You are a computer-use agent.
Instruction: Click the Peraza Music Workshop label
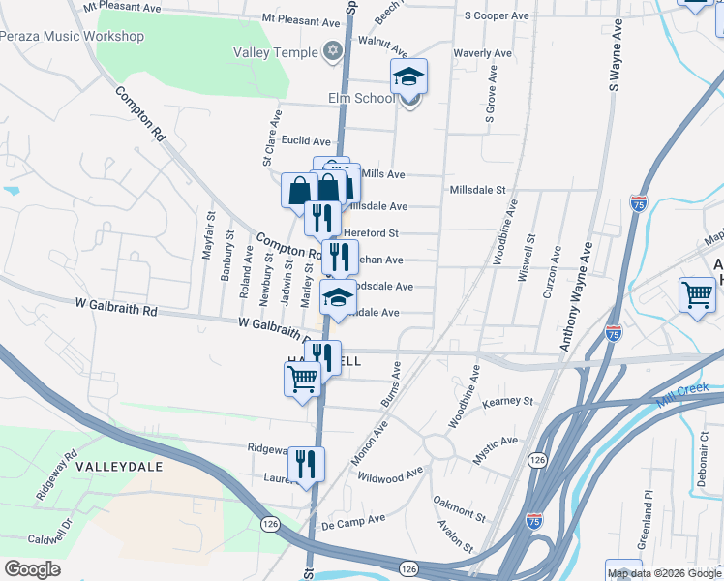point(72,37)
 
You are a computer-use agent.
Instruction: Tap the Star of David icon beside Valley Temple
point(334,50)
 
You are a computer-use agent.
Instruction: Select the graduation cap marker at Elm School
point(408,77)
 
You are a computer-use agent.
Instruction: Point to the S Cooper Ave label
point(497,16)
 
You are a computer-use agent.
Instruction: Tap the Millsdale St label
point(478,190)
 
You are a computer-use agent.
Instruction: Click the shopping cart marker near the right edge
point(697,295)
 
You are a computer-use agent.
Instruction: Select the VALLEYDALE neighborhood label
point(119,466)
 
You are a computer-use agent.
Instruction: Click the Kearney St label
point(508,400)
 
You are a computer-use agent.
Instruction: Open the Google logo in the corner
point(32,568)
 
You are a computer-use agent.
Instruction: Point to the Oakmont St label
point(459,506)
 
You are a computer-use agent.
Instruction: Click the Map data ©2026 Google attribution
point(663,573)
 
